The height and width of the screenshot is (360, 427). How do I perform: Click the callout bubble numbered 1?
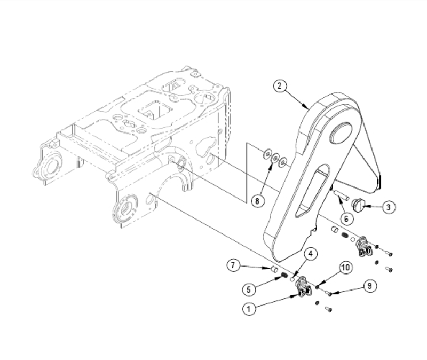coord(248,308)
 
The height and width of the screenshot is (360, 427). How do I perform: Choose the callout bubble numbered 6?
coord(345,218)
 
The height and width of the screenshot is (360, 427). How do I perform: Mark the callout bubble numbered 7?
coord(233,264)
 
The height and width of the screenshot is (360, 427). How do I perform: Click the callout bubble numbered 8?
coord(257,201)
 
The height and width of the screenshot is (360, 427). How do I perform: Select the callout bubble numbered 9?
coord(368,286)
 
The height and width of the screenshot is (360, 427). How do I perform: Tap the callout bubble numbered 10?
coord(345,268)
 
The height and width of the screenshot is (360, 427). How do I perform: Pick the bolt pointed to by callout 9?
coord(328,293)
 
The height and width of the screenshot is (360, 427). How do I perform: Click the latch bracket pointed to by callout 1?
coord(303,287)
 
